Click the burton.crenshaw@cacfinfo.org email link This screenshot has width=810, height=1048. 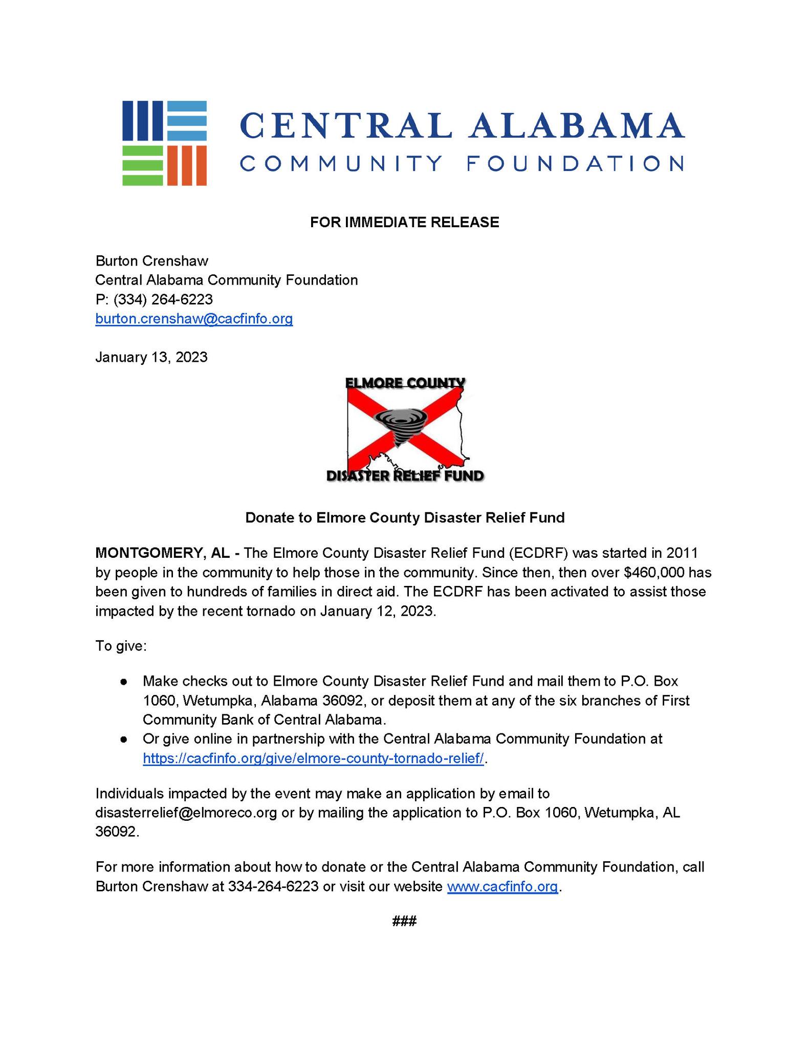194,319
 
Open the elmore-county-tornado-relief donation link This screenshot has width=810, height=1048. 313,758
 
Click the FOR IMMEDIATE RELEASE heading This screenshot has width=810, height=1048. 404,222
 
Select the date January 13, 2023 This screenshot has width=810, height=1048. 151,357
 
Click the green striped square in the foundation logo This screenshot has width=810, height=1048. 142,166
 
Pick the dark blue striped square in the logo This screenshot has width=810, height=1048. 142,121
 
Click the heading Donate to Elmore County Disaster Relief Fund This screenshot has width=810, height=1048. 405,518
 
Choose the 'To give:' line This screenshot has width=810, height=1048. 121,646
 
